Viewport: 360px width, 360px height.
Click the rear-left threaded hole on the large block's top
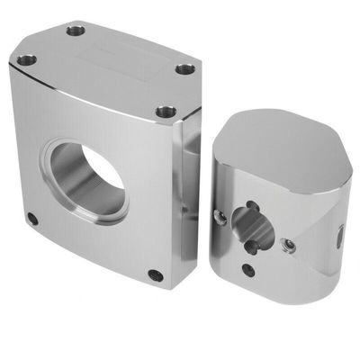coord(76,30)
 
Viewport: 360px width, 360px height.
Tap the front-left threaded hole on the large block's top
coord(27,60)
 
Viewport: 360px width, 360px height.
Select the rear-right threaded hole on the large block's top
coord(184,68)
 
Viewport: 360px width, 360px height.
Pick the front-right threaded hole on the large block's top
coord(164,112)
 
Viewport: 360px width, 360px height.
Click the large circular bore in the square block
coord(87,179)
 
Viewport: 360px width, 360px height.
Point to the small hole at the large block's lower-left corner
coord(33,219)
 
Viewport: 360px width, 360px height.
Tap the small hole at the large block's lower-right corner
coord(156,275)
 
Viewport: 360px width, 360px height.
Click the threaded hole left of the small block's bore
coord(220,216)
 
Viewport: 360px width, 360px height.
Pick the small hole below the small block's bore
coord(248,269)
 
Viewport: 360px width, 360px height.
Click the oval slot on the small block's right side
coord(340,238)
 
